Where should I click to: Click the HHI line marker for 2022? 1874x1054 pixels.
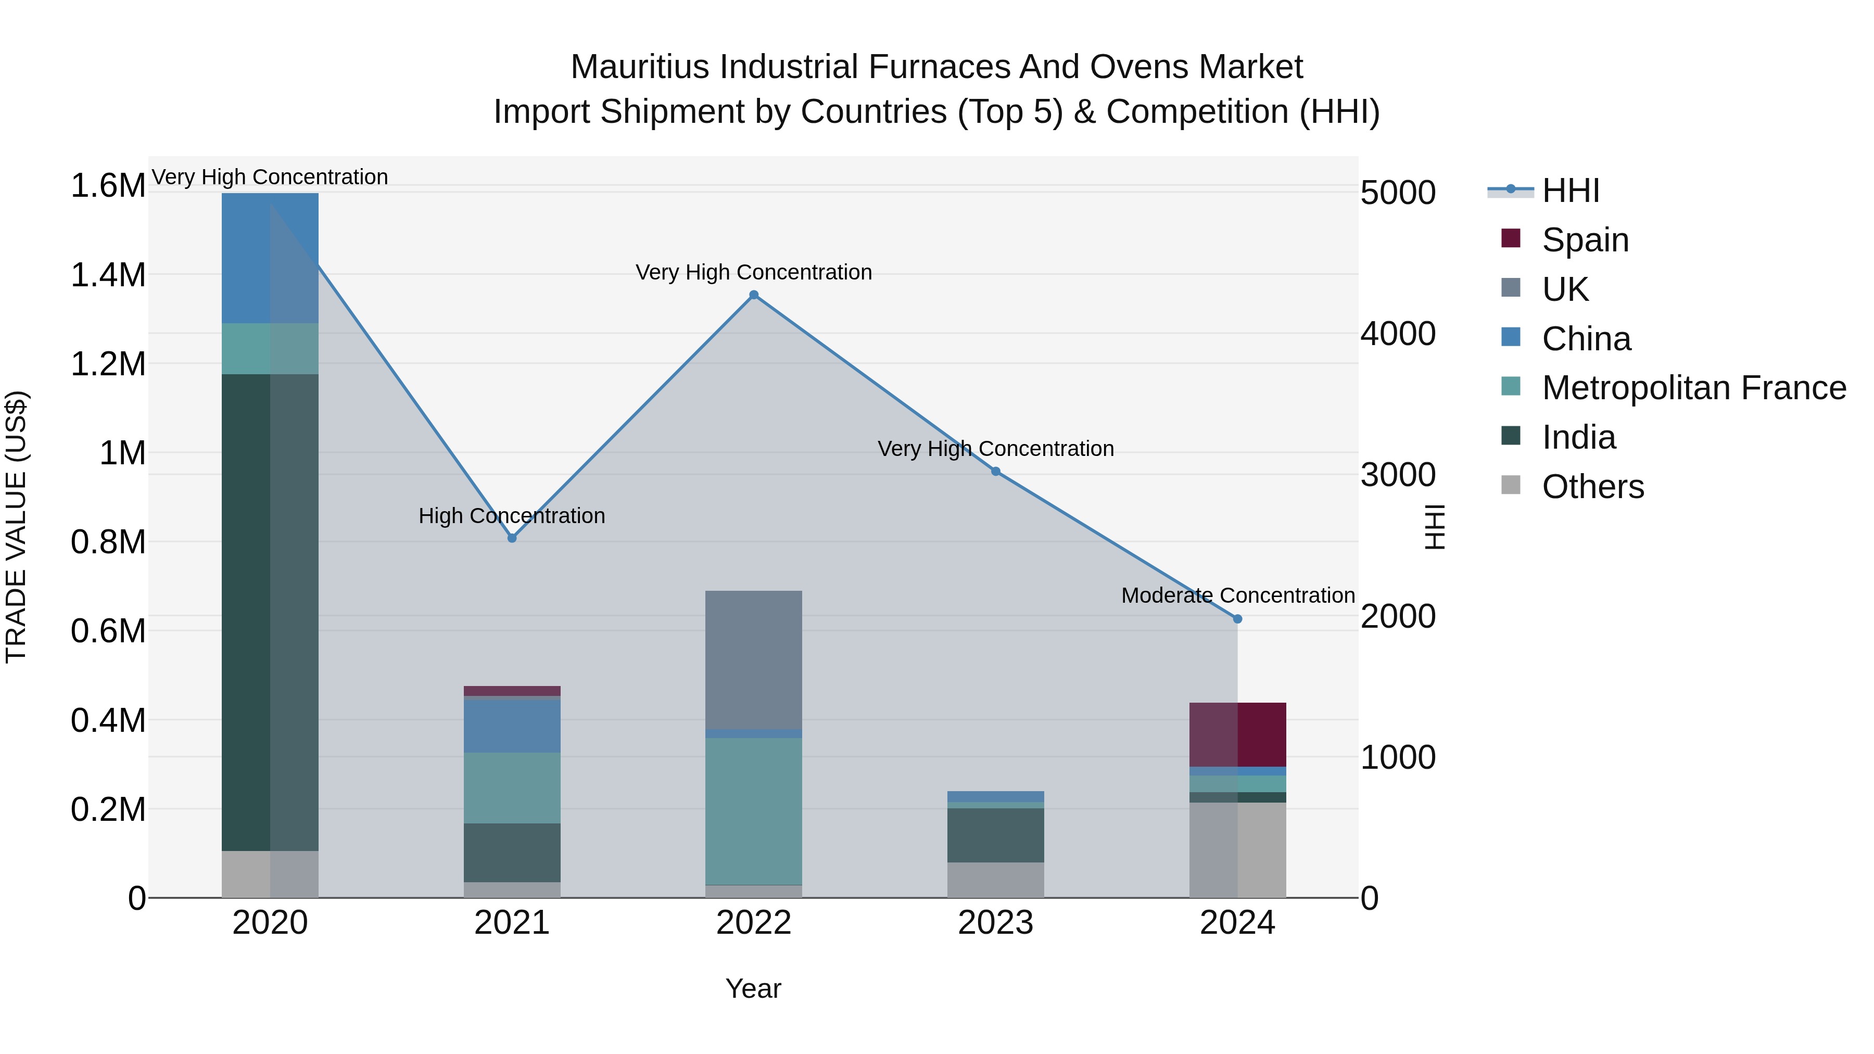point(754,295)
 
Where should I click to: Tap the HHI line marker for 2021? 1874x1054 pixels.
point(512,538)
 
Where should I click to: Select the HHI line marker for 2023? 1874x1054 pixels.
point(996,472)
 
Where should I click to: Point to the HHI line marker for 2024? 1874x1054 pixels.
point(1237,619)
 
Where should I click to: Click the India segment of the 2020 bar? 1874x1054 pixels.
point(270,611)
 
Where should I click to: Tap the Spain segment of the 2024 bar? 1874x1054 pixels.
point(1237,734)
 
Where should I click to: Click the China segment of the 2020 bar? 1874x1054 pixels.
point(270,258)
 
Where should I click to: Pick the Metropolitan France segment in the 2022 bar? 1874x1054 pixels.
point(754,810)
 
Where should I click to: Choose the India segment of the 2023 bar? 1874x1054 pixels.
point(996,834)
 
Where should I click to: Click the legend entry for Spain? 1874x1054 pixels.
point(1585,240)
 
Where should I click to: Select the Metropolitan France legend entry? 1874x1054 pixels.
point(1693,388)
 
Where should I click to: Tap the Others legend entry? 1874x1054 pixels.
point(1592,487)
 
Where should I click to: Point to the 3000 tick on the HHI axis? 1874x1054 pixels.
point(1398,475)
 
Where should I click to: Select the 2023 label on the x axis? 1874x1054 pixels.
point(996,923)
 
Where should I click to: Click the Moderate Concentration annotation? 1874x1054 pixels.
point(1237,595)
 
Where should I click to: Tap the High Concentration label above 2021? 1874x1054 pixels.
point(512,516)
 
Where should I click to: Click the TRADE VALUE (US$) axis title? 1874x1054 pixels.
point(16,527)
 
